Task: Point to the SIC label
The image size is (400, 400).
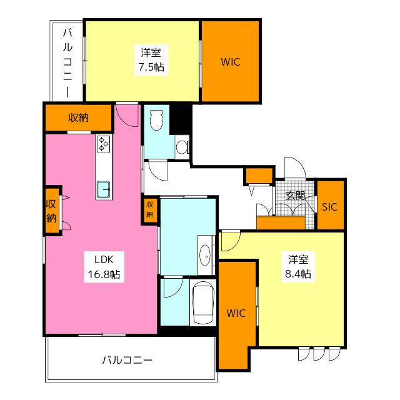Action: tap(329, 207)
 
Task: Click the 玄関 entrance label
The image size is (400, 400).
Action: tap(294, 196)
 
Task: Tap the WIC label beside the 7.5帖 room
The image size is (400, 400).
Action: tap(230, 62)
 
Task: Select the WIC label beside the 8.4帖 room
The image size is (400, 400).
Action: tap(237, 313)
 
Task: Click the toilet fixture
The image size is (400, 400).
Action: tap(156, 119)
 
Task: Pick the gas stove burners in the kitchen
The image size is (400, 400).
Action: tap(103, 145)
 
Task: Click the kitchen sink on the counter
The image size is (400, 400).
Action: tap(103, 187)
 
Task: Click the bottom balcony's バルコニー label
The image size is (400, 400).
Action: tap(127, 361)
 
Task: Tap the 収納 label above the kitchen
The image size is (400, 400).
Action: tap(78, 117)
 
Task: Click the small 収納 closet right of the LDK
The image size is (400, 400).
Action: tap(150, 209)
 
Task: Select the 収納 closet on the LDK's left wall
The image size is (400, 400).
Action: tap(51, 210)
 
